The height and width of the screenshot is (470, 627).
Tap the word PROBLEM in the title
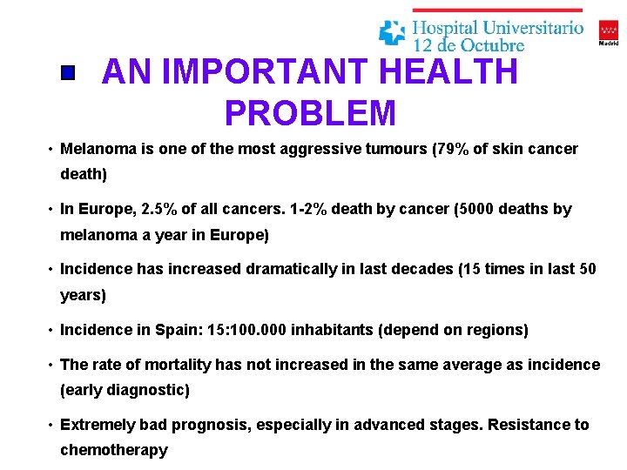point(310,113)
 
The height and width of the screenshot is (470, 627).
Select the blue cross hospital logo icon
point(392,32)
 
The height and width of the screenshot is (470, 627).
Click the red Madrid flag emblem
point(609,29)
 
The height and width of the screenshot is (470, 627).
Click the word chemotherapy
point(113,450)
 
